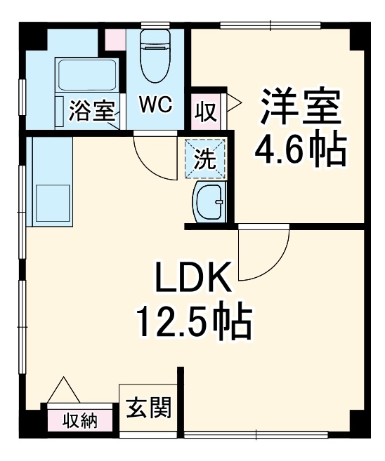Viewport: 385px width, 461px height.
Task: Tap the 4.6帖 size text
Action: pyautogui.click(x=301, y=149)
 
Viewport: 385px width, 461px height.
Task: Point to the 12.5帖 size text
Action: pyautogui.click(x=192, y=321)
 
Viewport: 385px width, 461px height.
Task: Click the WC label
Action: pyautogui.click(x=155, y=105)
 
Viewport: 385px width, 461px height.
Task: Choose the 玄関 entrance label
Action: pyautogui.click(x=148, y=408)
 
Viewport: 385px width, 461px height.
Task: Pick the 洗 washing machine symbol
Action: pyautogui.click(x=206, y=158)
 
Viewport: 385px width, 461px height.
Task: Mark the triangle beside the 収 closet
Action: pyautogui.click(x=233, y=104)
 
